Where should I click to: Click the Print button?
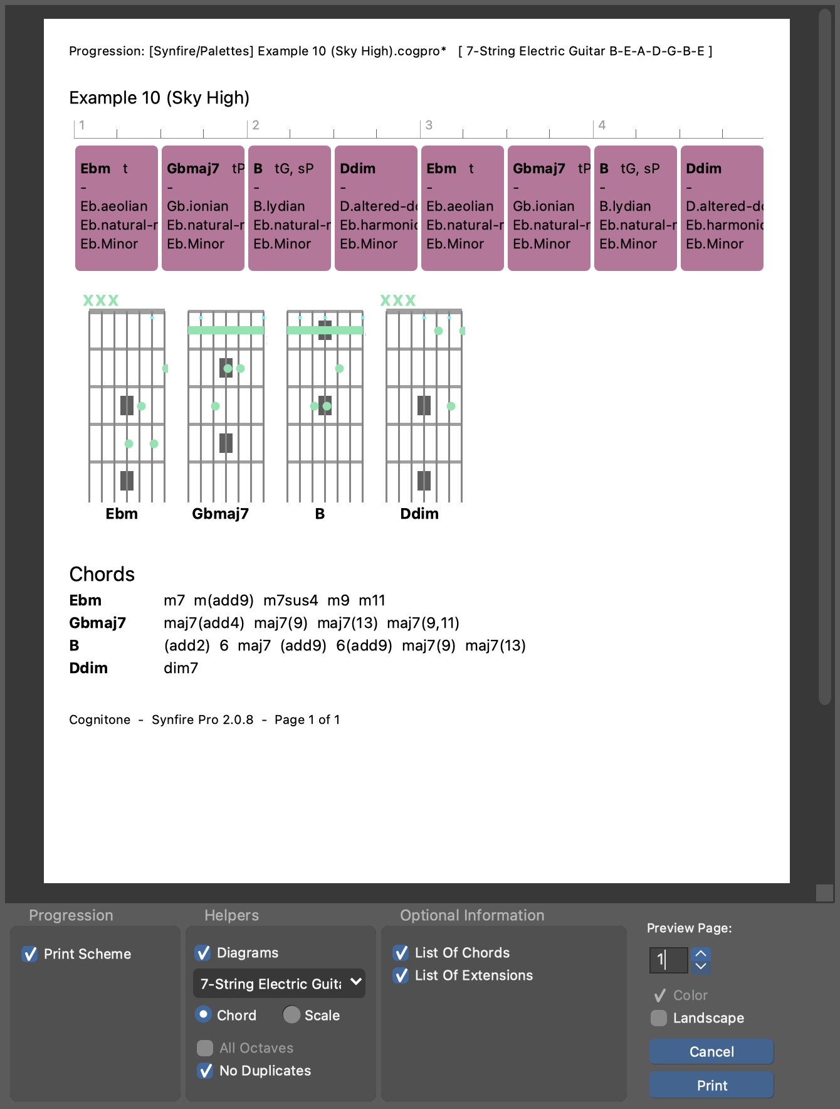[711, 1085]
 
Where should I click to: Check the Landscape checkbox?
[659, 1018]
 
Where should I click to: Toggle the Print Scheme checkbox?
[29, 954]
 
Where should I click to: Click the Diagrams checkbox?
[203, 953]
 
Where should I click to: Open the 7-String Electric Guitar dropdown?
[279, 984]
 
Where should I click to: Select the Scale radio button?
[291, 1014]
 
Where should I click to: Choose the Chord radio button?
[204, 1014]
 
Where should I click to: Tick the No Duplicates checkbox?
[205, 1071]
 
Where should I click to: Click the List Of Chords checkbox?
[401, 953]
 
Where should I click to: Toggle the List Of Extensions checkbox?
[401, 975]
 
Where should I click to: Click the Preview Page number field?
[668, 960]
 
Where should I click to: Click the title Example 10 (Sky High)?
[159, 98]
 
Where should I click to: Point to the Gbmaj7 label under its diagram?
[220, 514]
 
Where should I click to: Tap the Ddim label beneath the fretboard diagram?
[419, 514]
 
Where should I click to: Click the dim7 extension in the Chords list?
[181, 668]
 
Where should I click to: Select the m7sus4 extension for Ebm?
[290, 600]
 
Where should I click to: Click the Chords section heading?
[102, 574]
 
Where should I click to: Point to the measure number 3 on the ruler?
[429, 125]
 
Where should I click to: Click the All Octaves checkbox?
[205, 1048]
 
